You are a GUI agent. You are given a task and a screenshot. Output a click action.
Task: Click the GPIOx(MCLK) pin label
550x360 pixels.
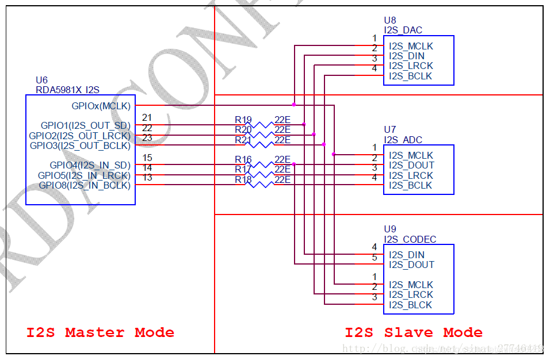tap(101, 106)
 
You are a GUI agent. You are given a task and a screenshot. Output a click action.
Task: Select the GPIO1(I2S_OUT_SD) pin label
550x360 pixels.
tap(85, 125)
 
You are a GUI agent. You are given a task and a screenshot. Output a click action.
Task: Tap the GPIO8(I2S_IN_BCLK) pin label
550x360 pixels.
tap(85, 185)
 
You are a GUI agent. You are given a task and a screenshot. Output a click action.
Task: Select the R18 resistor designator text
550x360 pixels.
tap(243, 180)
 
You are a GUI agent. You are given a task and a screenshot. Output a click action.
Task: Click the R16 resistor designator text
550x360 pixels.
tap(243, 160)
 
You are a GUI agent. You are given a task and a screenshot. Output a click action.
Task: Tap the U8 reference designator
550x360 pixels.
tap(390, 21)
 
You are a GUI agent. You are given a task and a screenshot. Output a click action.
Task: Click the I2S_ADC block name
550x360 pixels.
tap(403, 140)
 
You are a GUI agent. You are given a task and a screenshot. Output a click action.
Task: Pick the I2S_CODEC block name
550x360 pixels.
tap(410, 239)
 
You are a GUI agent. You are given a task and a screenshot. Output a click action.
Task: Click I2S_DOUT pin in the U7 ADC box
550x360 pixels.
tap(411, 166)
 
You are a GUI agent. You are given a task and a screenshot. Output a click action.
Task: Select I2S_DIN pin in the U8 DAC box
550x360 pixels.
tap(407, 56)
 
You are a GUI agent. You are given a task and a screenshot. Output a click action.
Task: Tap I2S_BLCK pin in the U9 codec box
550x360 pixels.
tap(410, 305)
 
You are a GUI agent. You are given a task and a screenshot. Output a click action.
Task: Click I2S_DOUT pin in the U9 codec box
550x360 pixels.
tap(411, 265)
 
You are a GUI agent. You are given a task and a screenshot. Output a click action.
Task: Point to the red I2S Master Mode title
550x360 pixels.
tap(100, 332)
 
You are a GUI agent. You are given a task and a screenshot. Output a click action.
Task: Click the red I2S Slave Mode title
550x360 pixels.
tap(414, 332)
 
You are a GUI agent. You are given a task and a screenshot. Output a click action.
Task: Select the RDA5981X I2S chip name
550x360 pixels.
tap(67, 90)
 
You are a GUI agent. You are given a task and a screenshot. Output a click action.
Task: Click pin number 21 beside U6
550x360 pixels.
tap(147, 118)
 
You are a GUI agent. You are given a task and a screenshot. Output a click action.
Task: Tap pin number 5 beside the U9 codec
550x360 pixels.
tap(375, 258)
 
